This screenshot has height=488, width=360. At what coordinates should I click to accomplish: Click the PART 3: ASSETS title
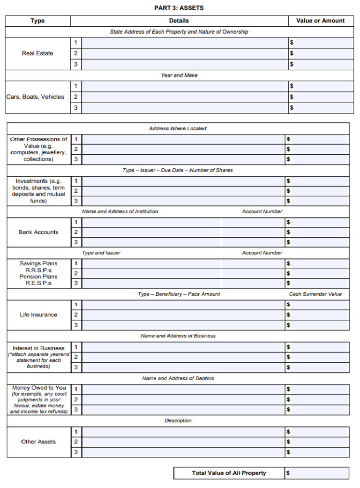click(179, 8)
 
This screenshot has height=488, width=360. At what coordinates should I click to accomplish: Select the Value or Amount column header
click(320, 21)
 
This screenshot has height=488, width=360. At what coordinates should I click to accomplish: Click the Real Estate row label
click(37, 53)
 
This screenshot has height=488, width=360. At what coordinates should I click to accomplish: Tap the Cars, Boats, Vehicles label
click(35, 97)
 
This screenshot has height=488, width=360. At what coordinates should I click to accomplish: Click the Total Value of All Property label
click(229, 473)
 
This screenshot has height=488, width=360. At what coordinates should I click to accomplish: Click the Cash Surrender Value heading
click(315, 294)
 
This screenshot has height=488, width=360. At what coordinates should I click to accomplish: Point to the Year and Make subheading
click(179, 75)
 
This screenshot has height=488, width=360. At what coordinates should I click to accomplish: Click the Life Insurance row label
click(38, 315)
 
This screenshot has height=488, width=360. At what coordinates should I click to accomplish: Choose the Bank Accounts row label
click(38, 232)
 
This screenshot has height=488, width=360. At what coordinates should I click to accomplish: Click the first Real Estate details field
click(185, 43)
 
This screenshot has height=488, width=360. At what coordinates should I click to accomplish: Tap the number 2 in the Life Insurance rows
click(76, 315)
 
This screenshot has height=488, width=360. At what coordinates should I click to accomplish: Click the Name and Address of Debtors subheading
click(178, 378)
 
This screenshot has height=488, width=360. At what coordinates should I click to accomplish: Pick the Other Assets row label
click(38, 442)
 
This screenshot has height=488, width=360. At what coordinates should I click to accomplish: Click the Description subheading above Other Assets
click(178, 420)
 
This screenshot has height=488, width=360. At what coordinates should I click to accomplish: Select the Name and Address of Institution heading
click(120, 211)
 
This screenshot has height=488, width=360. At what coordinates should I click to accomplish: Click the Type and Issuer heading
click(101, 253)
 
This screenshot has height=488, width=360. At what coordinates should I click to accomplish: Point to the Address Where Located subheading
click(178, 128)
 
